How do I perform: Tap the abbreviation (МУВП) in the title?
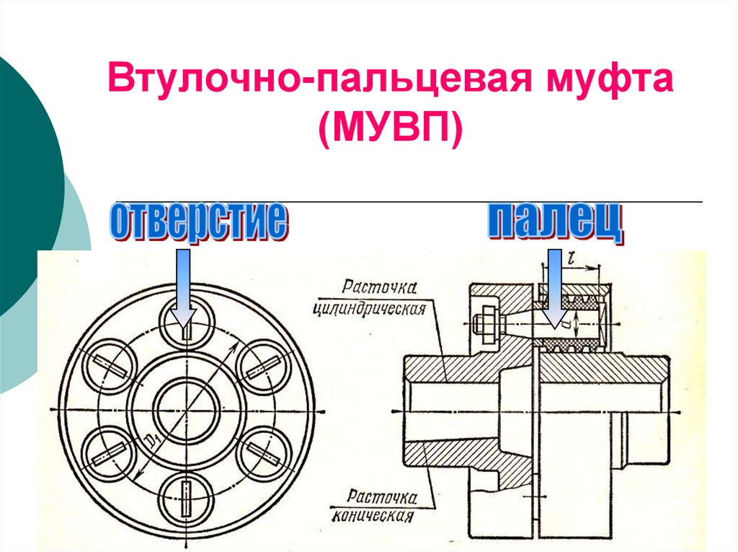[x=392, y=131]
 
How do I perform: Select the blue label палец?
[x=554, y=222]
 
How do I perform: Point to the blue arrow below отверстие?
[x=184, y=289]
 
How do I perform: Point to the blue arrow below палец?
[x=554, y=289]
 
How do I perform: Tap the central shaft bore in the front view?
[x=185, y=410]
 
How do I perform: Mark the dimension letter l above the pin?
[x=572, y=255]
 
